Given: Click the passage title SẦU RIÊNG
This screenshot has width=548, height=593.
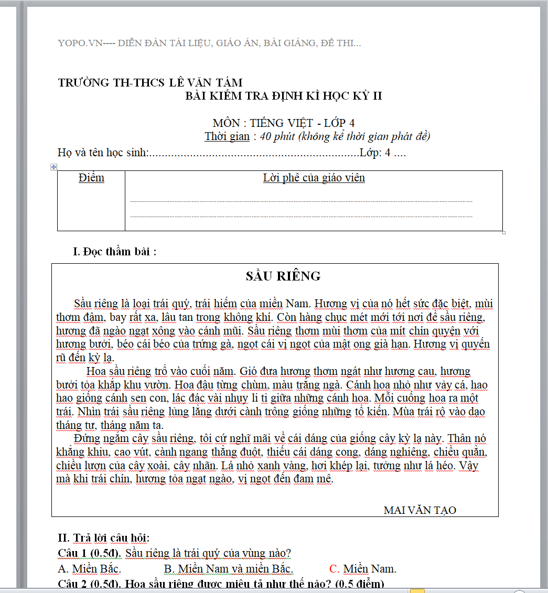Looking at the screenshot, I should click(283, 276).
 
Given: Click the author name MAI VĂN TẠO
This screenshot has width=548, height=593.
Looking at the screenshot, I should click(420, 510).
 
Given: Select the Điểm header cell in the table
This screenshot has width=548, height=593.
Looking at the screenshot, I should click(91, 178).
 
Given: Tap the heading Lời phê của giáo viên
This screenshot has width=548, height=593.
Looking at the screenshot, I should click(314, 178).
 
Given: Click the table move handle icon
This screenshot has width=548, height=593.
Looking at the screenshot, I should click(53, 167).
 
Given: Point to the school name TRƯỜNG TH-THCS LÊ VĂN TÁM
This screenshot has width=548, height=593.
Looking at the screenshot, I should click(150, 82).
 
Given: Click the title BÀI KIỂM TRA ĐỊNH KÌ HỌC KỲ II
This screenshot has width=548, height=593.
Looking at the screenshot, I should click(284, 96).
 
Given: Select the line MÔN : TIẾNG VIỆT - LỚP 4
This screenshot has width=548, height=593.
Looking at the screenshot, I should click(283, 123).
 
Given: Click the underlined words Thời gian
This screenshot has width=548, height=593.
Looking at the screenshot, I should click(227, 137).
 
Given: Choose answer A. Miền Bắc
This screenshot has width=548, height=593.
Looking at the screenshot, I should click(89, 569).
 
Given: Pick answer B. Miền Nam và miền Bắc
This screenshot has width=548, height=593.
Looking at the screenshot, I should click(228, 569).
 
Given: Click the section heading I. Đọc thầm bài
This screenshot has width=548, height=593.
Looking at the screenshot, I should click(114, 252).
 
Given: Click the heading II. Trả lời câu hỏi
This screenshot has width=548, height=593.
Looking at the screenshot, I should click(104, 538).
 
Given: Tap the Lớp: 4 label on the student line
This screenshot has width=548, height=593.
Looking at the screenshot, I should click(375, 153).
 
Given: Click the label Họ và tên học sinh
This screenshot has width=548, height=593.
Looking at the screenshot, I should click(103, 153).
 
